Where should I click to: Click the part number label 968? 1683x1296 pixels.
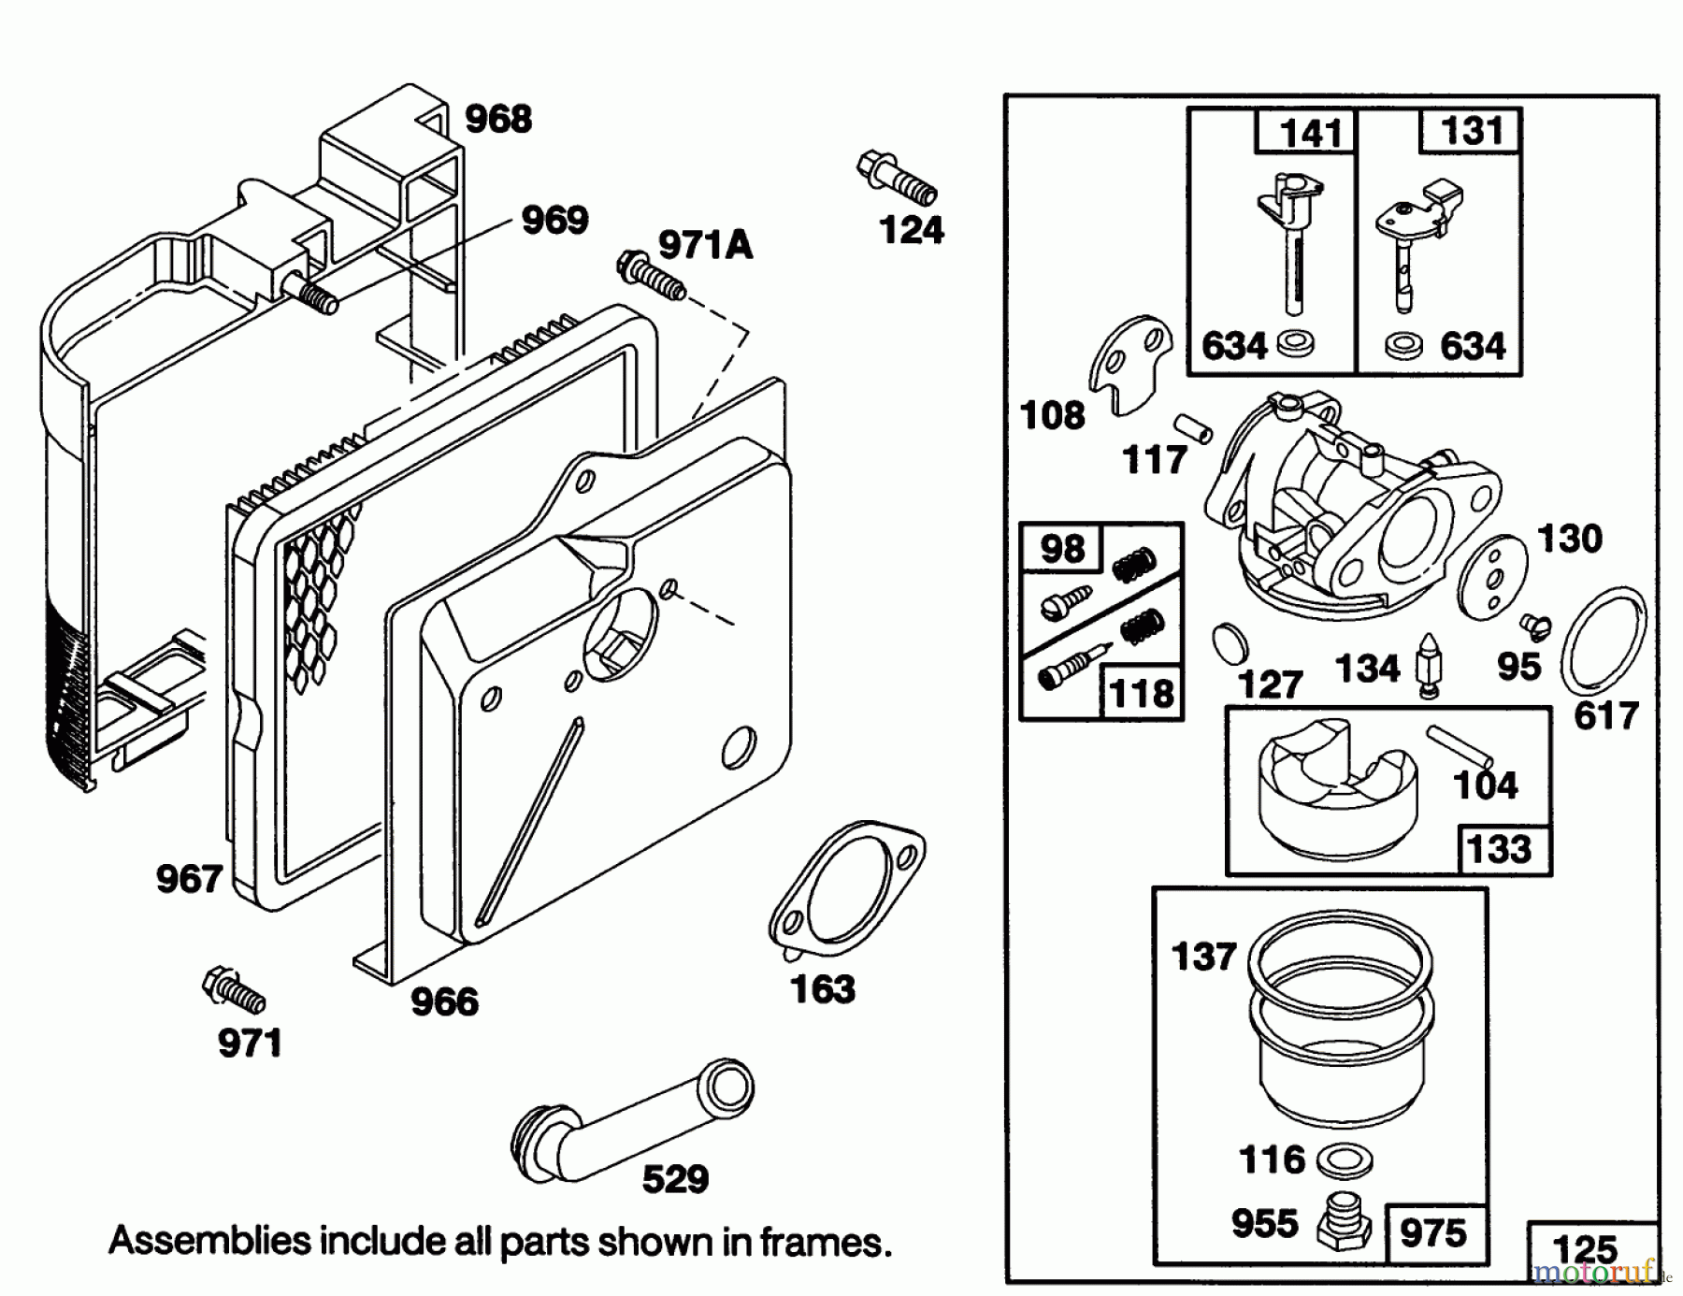click(x=498, y=120)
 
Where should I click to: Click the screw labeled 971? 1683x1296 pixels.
click(x=234, y=991)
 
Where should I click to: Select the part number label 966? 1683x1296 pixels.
click(x=444, y=1002)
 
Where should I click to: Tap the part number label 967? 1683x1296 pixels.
click(x=189, y=879)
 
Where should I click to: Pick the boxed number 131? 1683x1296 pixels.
click(x=1471, y=131)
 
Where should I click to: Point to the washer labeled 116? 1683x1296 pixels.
click(x=1345, y=1162)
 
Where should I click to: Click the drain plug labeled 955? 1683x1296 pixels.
click(x=1343, y=1221)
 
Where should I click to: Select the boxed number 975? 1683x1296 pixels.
click(x=1432, y=1232)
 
